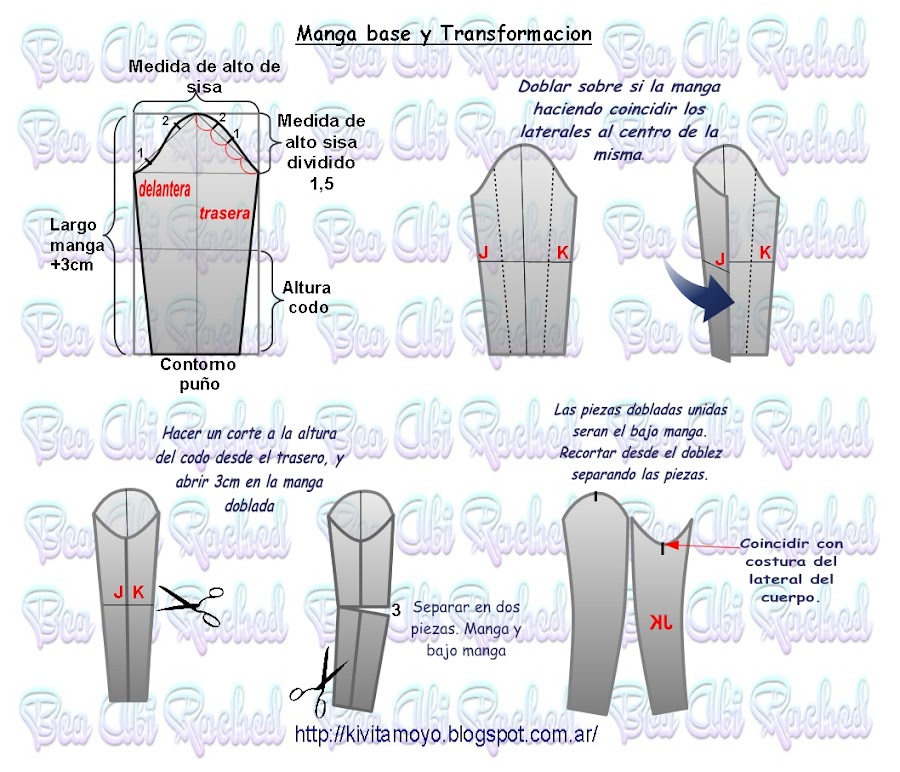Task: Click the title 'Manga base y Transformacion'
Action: click(444, 34)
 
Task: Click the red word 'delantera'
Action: click(165, 189)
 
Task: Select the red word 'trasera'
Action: click(224, 214)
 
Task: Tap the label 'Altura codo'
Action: click(307, 297)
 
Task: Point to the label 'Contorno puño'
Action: click(198, 374)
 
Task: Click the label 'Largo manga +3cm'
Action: click(76, 245)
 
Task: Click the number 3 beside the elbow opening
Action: click(396, 610)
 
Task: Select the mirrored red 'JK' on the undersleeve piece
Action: click(661, 623)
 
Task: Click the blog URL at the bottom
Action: click(446, 734)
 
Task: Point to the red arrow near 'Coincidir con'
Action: click(703, 546)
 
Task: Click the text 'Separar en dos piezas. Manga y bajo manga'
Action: click(466, 629)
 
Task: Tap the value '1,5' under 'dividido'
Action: click(321, 184)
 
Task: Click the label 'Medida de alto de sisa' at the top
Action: click(204, 76)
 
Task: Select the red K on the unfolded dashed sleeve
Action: click(562, 252)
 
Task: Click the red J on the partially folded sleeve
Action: click(720, 259)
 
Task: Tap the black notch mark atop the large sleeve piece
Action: click(596, 496)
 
